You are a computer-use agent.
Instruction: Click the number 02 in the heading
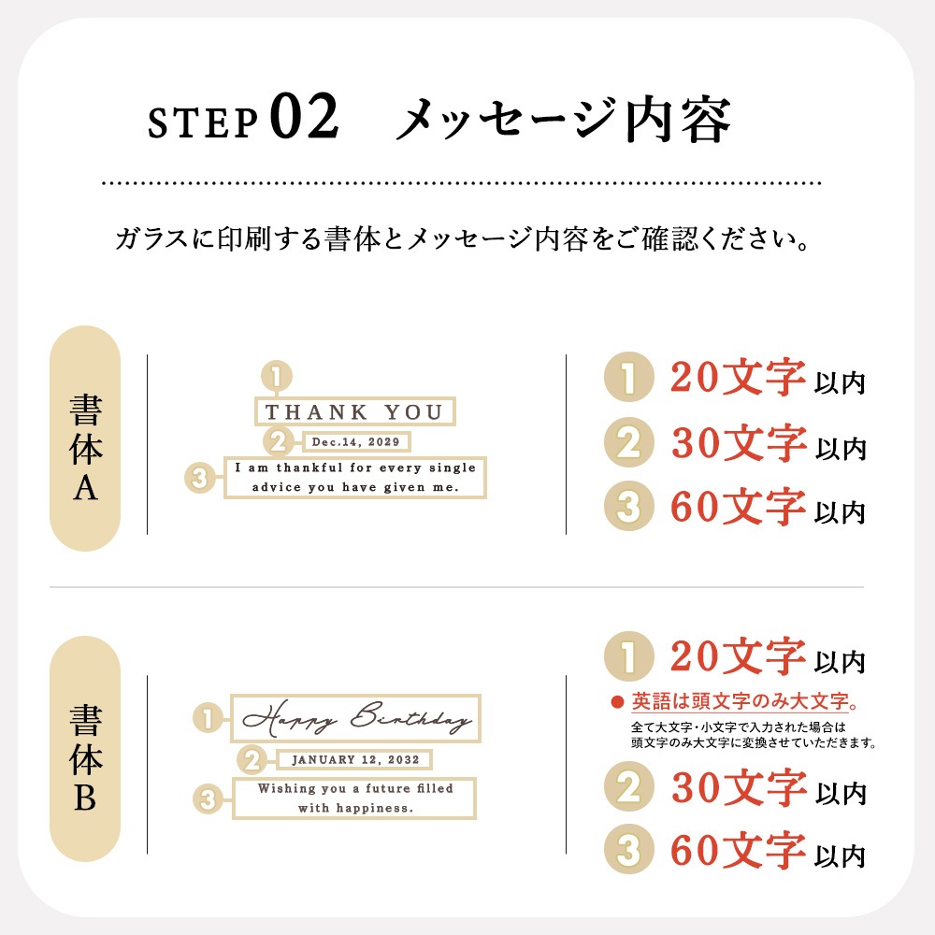click(x=304, y=116)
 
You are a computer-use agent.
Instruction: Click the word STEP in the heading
click(x=203, y=122)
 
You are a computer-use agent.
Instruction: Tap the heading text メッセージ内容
click(x=564, y=120)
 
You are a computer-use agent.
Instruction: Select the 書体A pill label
click(x=85, y=439)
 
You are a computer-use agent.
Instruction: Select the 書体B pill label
click(x=85, y=749)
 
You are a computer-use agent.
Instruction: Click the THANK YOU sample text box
click(x=354, y=411)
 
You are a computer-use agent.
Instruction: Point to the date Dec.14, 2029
click(x=356, y=442)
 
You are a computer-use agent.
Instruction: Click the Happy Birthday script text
click(x=356, y=718)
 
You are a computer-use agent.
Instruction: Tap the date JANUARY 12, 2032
click(x=354, y=759)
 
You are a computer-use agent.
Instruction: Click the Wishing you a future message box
click(x=354, y=798)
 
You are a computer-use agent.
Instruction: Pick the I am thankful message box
click(x=354, y=477)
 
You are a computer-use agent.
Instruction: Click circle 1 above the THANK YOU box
click(x=276, y=376)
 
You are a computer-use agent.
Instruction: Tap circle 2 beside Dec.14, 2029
click(x=279, y=442)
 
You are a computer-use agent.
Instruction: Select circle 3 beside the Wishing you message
click(x=209, y=799)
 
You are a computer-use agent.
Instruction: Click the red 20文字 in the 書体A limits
click(x=739, y=378)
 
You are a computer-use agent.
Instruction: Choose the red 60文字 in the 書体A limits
click(x=739, y=506)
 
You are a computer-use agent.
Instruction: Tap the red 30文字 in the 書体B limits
click(x=740, y=787)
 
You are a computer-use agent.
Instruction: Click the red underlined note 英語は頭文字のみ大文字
click(x=740, y=701)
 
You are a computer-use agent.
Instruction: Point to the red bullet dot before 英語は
click(x=617, y=702)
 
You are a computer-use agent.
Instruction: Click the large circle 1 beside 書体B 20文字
click(x=629, y=656)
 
